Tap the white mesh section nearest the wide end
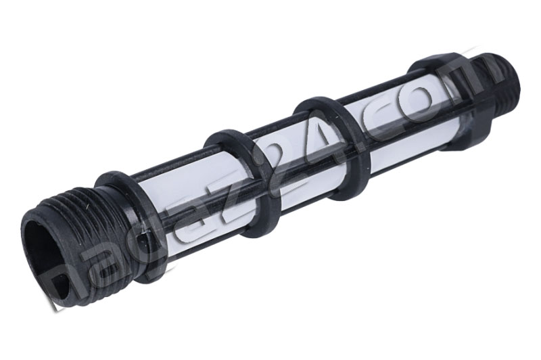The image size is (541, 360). (x=183, y=196)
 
